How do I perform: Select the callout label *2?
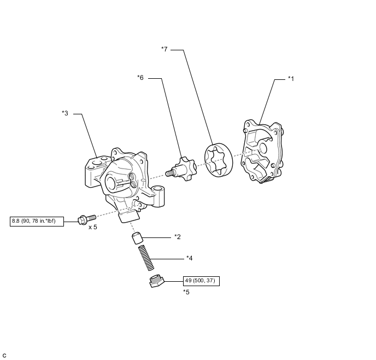click(177, 237)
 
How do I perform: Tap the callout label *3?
click(65, 113)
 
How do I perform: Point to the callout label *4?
click(189, 258)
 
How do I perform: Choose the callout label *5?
click(186, 292)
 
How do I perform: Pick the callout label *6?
click(140, 78)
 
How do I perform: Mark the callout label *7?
click(164, 49)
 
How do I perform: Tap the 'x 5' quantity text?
click(92, 227)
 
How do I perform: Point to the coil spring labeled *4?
click(146, 258)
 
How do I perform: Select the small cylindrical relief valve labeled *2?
click(138, 239)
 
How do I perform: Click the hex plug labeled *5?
click(156, 281)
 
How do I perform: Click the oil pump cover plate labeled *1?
click(262, 150)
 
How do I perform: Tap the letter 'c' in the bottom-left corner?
click(4, 355)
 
